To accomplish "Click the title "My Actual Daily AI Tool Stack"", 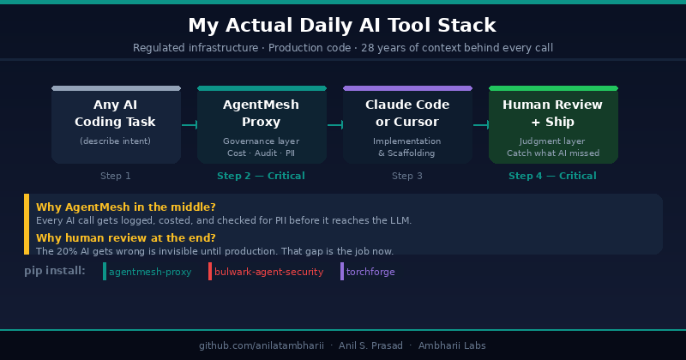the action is pos(342,26).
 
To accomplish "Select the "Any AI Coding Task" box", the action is pos(116,124).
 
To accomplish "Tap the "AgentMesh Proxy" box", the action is pos(262,124).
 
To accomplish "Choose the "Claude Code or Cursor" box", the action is pos(407,124).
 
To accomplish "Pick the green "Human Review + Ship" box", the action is pos(553,124).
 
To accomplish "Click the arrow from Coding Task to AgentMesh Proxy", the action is pos(190,125).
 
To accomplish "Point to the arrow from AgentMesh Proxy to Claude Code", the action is pos(335,125).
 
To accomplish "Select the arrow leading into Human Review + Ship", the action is pos(481,125).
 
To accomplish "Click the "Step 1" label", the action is pos(116,176).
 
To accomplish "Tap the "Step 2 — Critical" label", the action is pos(261,176).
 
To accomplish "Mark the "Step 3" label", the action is pos(406,176).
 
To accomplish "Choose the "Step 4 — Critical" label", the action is pos(552,176).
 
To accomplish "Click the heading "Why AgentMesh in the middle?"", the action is pos(126,207).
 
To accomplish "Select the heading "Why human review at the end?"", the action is pos(126,238).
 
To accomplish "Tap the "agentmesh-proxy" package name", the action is pos(150,272).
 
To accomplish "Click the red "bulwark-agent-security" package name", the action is pos(268,272).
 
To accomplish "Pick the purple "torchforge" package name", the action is pos(370,272).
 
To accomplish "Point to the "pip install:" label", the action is pos(55,271).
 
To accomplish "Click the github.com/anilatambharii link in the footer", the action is pos(262,345).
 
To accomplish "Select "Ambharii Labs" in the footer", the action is pos(452,345).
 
